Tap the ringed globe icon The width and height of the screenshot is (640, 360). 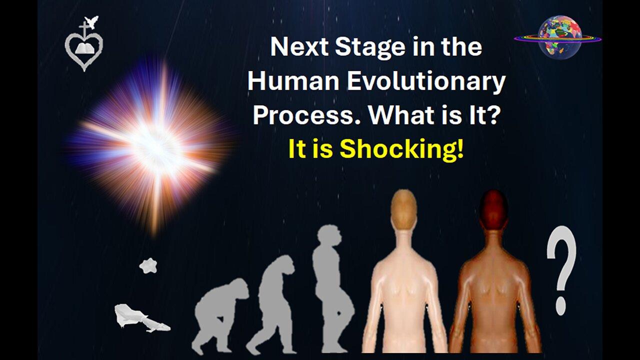[x=558, y=37]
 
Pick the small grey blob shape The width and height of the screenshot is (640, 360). [x=148, y=265]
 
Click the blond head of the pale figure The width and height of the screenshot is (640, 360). [x=403, y=205]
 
